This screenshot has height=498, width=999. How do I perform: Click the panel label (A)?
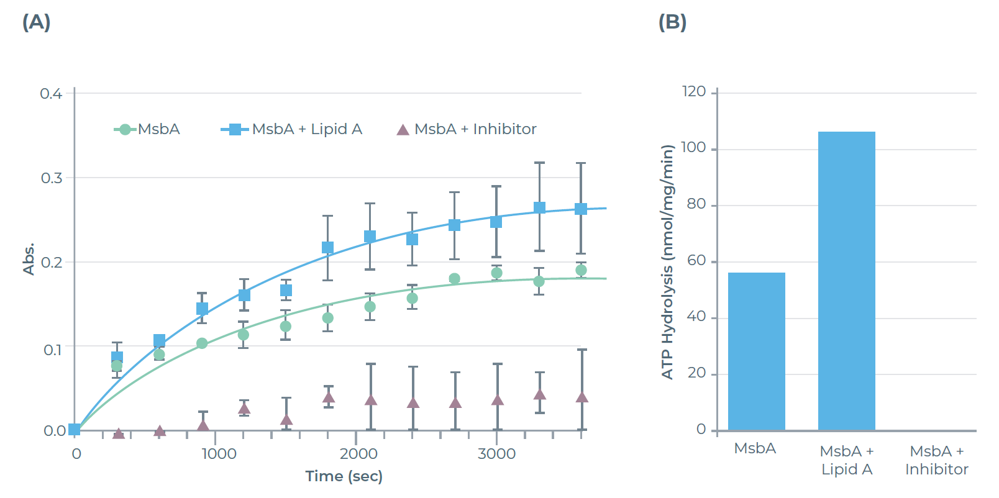point(36,22)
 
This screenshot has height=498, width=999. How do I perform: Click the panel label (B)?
point(672,22)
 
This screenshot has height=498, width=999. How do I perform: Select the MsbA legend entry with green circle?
point(148,129)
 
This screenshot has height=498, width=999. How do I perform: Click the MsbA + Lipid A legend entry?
point(292,129)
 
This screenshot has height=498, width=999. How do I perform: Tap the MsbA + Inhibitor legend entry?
point(467,129)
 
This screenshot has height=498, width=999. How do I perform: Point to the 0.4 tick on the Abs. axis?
point(51,94)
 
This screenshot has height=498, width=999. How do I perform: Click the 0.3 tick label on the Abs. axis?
point(52,178)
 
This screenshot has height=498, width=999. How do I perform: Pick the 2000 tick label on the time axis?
point(358,454)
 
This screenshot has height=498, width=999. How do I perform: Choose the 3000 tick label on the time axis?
point(496,454)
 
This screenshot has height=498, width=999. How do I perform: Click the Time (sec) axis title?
point(344,476)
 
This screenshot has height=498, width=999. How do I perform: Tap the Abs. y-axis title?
point(29,258)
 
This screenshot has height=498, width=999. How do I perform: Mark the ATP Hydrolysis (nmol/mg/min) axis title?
point(667,261)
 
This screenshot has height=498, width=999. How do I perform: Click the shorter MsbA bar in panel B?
point(756,351)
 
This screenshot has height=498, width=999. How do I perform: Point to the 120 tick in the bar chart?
point(694,92)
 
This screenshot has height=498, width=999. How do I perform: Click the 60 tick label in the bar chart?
point(696,261)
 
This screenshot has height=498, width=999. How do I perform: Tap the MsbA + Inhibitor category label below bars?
point(936,460)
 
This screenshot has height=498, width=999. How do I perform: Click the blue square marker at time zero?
point(75,430)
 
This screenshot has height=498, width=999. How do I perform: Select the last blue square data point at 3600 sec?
point(581,209)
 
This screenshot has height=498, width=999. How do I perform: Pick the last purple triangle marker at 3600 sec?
point(582,397)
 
